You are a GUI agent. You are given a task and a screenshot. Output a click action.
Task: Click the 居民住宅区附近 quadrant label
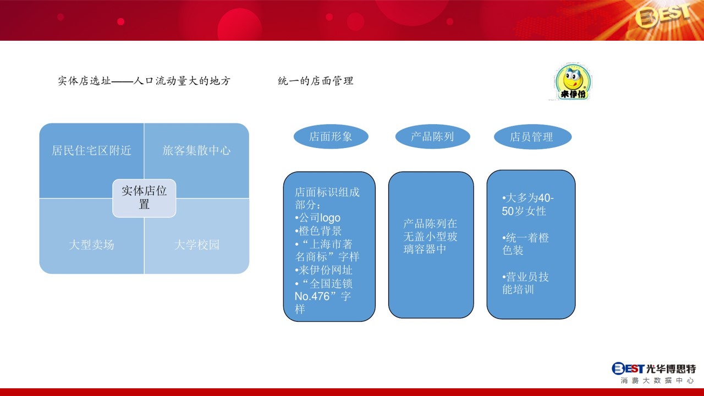[x=91, y=151]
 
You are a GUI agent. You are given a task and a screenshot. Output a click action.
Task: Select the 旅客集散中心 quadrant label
[x=197, y=151]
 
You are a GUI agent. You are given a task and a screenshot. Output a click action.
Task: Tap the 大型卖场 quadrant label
[x=91, y=245]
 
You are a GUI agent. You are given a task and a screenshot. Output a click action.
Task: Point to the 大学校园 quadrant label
[x=197, y=245]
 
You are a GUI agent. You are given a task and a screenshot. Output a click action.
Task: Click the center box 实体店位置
[x=144, y=198]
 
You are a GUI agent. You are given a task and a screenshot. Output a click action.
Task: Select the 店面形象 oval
[x=331, y=136]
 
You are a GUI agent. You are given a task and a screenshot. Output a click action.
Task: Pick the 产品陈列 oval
[x=432, y=136]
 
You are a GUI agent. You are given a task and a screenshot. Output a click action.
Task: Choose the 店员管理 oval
[x=533, y=137]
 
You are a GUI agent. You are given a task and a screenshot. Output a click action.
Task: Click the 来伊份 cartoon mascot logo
[x=573, y=81]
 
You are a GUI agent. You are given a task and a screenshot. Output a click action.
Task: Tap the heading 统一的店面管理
[x=316, y=81]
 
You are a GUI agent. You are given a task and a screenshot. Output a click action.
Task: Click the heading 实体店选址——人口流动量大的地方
[x=144, y=81]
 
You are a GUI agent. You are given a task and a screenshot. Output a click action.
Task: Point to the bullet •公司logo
[x=318, y=218]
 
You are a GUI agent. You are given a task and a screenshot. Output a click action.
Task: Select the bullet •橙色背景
[x=318, y=231]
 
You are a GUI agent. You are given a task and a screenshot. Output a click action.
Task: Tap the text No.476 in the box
[x=312, y=296]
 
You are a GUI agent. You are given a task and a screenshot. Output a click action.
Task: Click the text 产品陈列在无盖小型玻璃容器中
[x=430, y=237]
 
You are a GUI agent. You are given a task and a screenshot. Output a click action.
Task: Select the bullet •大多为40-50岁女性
[x=528, y=205]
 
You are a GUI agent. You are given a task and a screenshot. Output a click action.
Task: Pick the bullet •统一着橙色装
[x=525, y=244]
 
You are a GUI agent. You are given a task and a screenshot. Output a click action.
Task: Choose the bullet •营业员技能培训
[x=525, y=283]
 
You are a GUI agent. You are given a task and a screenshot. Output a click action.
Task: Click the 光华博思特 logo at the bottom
[x=654, y=373]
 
